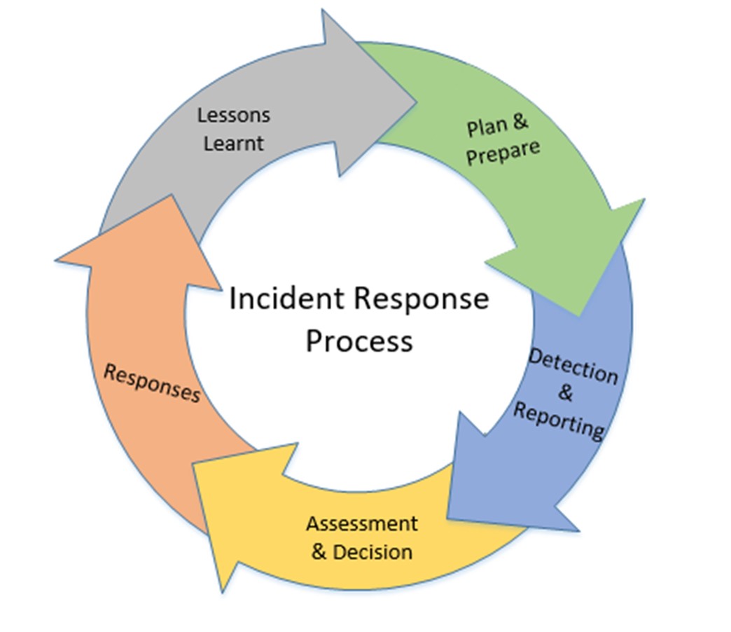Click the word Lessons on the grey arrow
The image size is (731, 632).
pos(233,114)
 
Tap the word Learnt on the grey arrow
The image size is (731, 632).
pos(233,144)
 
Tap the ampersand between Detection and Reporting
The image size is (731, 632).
pos(565,393)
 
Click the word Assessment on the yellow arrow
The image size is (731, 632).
pos(361,523)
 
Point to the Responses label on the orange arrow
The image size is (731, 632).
pos(152,383)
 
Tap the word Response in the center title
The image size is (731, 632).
pos(421,299)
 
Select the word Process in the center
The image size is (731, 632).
pos(359,341)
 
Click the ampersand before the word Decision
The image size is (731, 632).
pos(319,551)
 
